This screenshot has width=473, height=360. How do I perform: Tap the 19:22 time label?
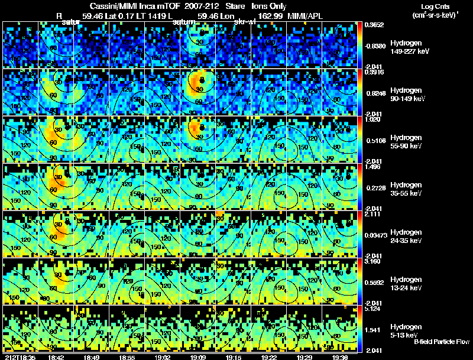(x=269, y=357)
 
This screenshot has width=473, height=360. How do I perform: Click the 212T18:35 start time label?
(x=19, y=357)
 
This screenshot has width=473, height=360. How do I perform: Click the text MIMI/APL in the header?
(x=305, y=15)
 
